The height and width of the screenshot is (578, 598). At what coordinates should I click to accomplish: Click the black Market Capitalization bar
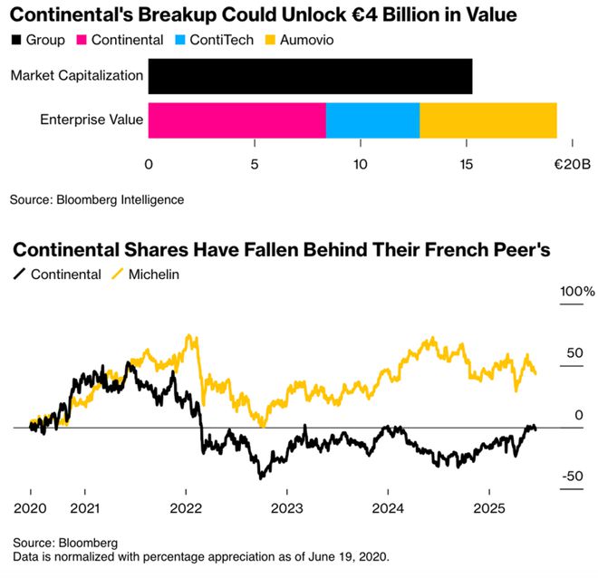click(x=310, y=76)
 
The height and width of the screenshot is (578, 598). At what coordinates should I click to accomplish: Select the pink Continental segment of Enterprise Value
click(x=236, y=120)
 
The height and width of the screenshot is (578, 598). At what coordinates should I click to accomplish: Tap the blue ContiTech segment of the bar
click(x=372, y=120)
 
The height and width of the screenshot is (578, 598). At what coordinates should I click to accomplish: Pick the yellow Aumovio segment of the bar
click(x=487, y=120)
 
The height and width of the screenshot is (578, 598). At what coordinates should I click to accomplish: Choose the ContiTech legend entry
click(x=217, y=40)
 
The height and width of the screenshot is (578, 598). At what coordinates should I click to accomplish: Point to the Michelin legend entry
click(x=144, y=274)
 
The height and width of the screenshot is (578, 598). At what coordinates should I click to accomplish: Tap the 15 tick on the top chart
click(x=466, y=165)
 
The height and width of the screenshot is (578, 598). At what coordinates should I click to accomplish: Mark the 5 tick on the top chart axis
click(x=255, y=165)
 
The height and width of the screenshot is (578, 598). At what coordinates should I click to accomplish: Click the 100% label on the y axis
click(x=577, y=292)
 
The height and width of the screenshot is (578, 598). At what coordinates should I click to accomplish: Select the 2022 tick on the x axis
click(x=186, y=509)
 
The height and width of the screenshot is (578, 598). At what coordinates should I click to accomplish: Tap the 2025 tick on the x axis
click(x=488, y=509)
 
